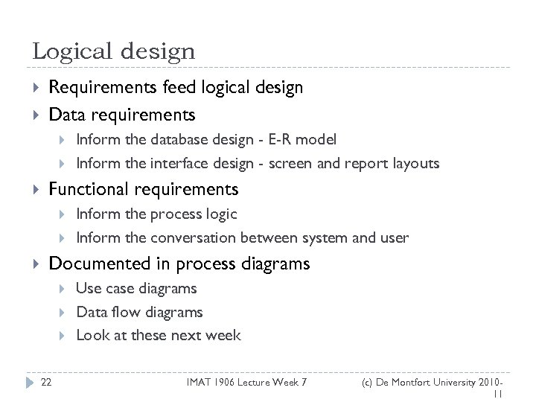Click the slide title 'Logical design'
(x=114, y=51)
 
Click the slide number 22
(x=46, y=382)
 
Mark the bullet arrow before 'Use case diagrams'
(x=65, y=289)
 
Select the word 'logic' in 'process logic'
(x=220, y=214)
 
